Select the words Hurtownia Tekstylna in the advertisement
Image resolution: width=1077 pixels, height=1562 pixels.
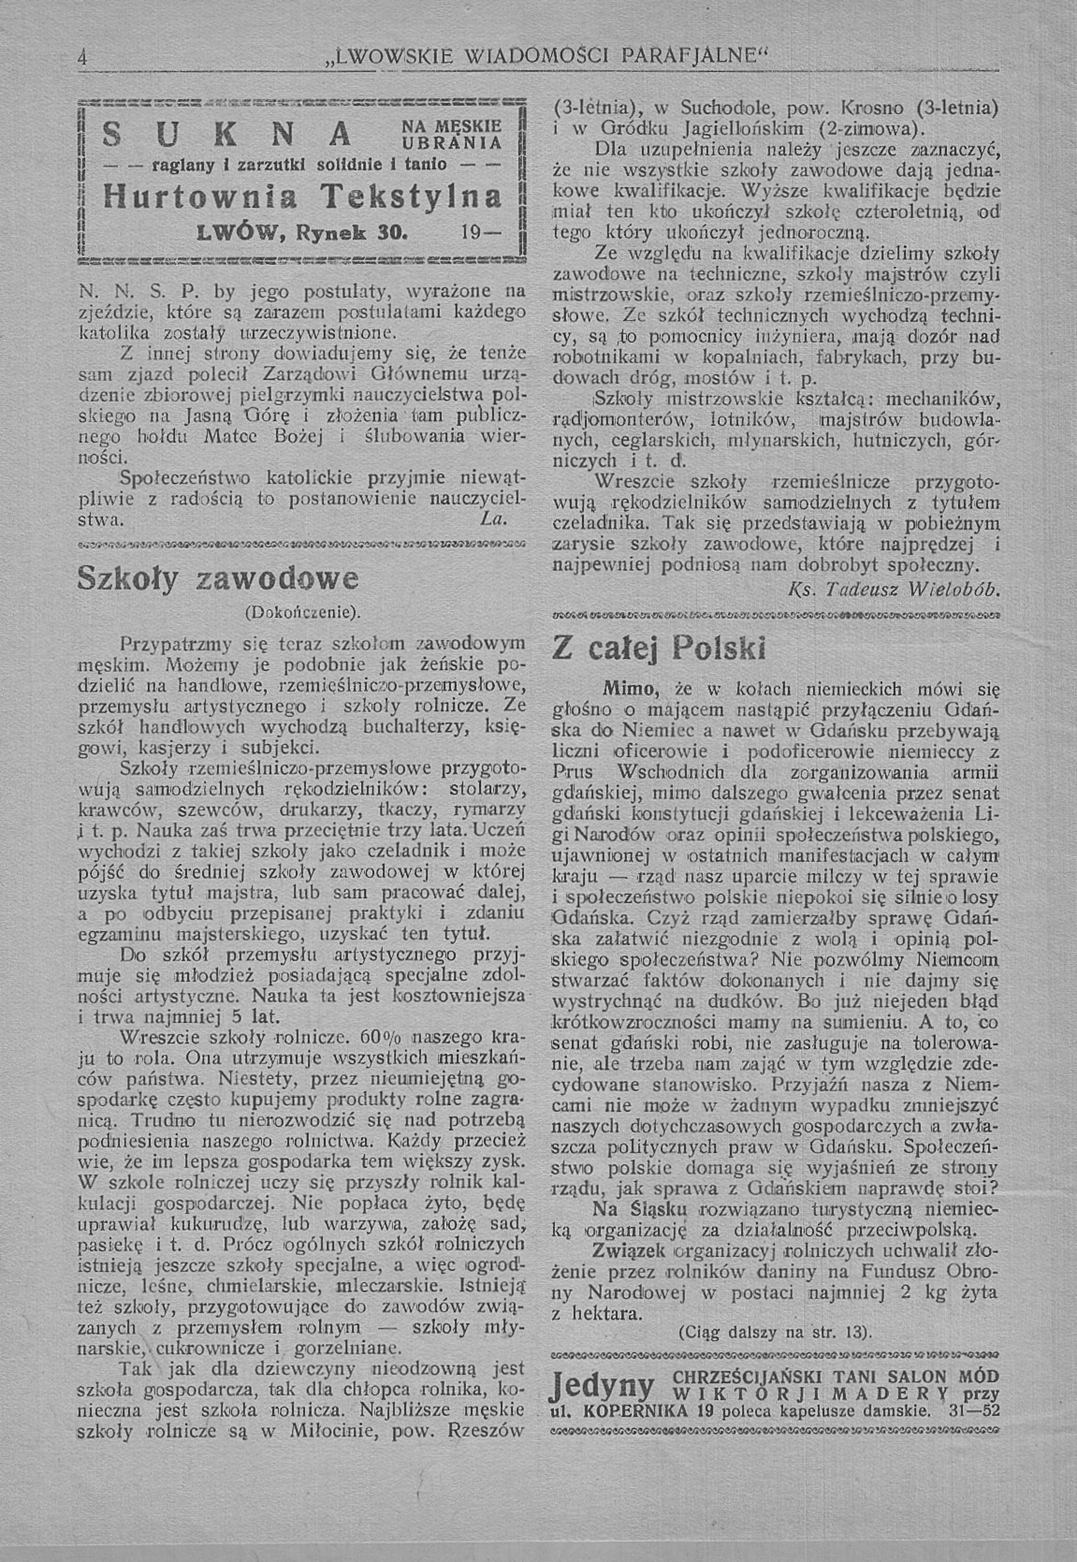[302, 197]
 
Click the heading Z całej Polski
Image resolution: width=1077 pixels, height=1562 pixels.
[659, 649]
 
